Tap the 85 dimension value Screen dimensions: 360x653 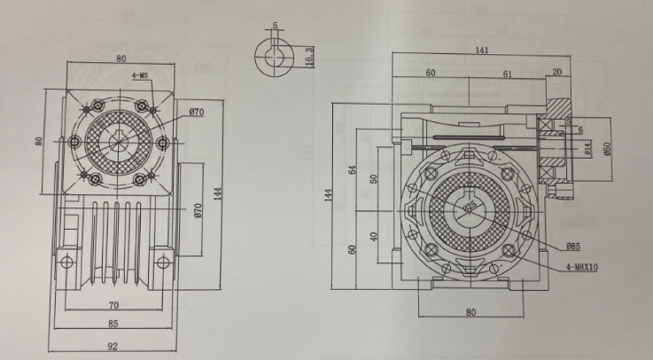(x=113, y=323)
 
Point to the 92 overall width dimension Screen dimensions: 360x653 (x=113, y=346)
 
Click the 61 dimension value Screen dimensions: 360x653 (x=508, y=75)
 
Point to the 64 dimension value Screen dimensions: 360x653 (x=352, y=170)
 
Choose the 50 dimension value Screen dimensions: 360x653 (x=374, y=179)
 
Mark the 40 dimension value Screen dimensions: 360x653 (x=374, y=238)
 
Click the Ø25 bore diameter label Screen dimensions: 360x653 (x=469, y=207)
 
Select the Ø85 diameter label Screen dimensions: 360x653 (x=574, y=246)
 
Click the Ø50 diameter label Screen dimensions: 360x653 (x=608, y=149)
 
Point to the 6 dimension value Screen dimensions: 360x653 (x=579, y=129)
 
